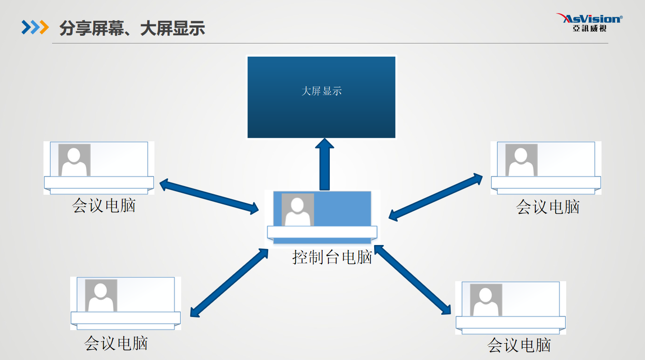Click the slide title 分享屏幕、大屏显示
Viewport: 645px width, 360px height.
point(132,28)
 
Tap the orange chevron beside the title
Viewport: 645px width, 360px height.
point(44,27)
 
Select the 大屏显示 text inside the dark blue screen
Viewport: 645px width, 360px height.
point(321,91)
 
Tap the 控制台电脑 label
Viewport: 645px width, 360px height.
point(332,257)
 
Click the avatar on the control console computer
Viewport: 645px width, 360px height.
point(298,210)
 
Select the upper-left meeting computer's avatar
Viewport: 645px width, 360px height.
point(74,160)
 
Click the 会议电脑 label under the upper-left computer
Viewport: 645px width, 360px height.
point(104,206)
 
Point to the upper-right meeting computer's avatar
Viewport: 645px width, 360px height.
point(521,160)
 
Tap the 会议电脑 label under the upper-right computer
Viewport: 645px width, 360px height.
point(548,207)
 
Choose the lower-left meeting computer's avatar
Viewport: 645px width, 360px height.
point(101,295)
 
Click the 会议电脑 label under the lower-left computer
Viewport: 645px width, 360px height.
point(116,343)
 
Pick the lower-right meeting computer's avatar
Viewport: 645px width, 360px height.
point(486,300)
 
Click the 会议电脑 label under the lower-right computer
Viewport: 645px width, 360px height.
point(519,345)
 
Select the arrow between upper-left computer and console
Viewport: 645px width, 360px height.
point(209,197)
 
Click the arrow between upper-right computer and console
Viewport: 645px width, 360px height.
point(436,197)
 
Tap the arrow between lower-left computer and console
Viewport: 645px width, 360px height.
point(229,283)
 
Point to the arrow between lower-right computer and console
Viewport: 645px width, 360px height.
point(412,280)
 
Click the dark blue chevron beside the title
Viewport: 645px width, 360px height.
point(26,27)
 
